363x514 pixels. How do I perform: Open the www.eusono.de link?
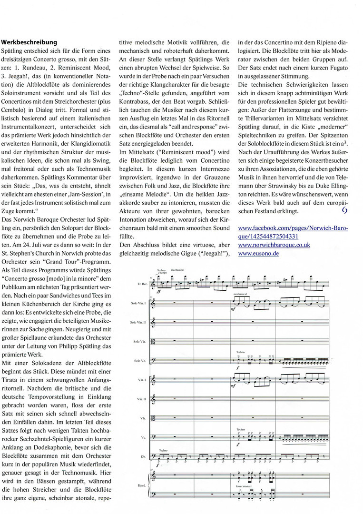click(258, 253)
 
